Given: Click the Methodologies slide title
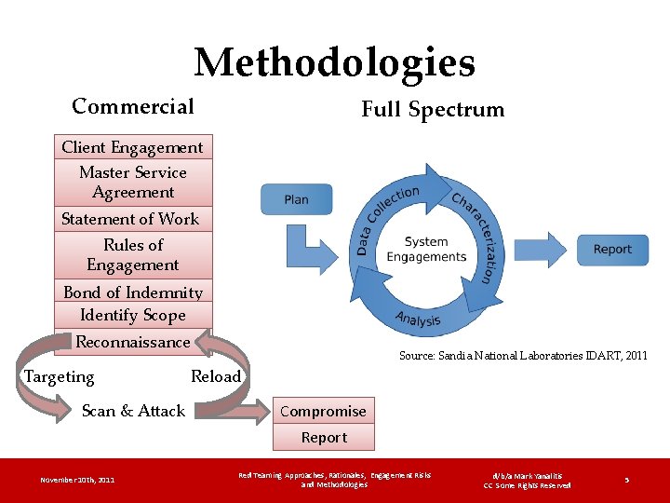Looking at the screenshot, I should (x=334, y=63).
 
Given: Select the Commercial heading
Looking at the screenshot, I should (x=133, y=106).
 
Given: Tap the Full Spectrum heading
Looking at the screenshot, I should (x=433, y=110).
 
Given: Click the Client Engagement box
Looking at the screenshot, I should (x=132, y=147).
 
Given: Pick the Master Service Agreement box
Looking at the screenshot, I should (x=133, y=183).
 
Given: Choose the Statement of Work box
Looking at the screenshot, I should (x=131, y=219).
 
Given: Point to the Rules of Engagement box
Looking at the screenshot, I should (x=133, y=254).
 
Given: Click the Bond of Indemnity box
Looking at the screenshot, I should (x=133, y=292).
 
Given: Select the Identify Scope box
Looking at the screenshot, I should (x=133, y=315).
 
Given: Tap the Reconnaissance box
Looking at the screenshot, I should (x=133, y=342).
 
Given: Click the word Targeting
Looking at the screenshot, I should (x=59, y=377).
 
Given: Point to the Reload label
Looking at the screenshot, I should (x=216, y=377).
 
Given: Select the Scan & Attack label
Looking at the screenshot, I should (x=133, y=411).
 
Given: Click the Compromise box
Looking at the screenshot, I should (x=323, y=411).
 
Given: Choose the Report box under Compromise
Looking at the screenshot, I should (x=323, y=437).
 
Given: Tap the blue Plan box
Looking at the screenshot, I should (x=296, y=199).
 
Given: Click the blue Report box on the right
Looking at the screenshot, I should (x=612, y=249).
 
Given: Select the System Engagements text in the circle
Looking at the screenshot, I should (x=426, y=250).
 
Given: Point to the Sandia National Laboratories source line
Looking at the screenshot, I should (x=523, y=355).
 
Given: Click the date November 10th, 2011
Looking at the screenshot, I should (x=77, y=480).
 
